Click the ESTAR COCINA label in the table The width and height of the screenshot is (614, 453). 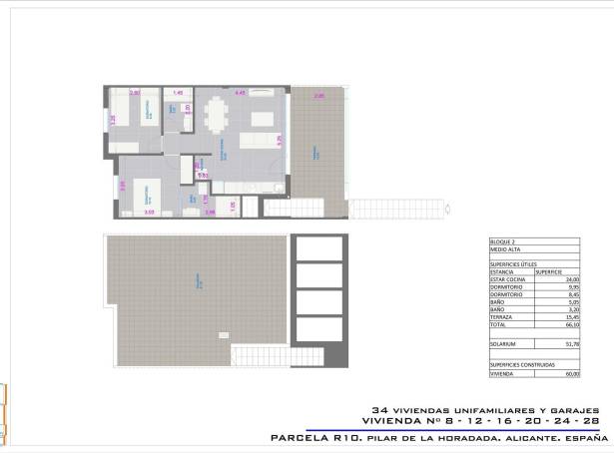pyautogui.click(x=504, y=280)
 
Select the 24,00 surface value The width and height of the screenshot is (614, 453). pyautogui.click(x=572, y=280)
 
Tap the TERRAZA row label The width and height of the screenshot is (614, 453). pyautogui.click(x=499, y=318)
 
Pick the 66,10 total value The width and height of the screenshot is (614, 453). pyautogui.click(x=572, y=325)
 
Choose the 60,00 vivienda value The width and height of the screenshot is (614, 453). pyautogui.click(x=572, y=374)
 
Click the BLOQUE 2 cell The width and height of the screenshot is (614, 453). pyautogui.click(x=501, y=241)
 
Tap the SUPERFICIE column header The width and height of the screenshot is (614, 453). pyautogui.click(x=548, y=271)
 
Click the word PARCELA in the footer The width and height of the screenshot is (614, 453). pyautogui.click(x=304, y=437)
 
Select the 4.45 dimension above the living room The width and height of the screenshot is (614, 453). pyautogui.click(x=240, y=93)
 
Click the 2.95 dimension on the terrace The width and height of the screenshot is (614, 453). pyautogui.click(x=318, y=96)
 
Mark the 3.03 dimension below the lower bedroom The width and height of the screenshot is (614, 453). pyautogui.click(x=149, y=213)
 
